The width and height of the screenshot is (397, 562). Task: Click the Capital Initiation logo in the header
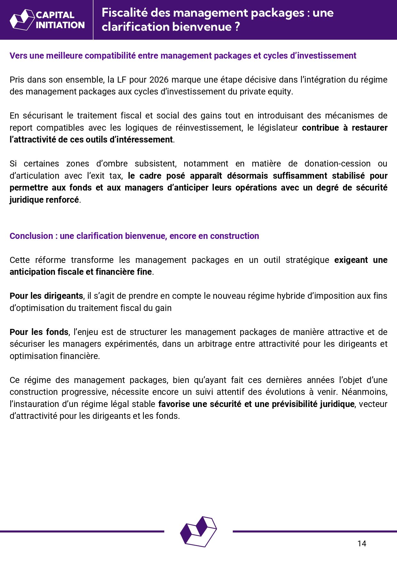click(47, 20)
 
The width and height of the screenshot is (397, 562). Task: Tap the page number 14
click(362, 543)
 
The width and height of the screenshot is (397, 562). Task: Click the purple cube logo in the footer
click(198, 531)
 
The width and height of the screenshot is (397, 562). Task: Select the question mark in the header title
click(237, 27)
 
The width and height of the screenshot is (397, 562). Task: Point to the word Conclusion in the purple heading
click(31, 236)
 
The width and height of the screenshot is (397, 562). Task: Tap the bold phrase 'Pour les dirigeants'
click(46, 296)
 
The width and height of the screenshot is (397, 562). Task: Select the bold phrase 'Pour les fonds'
click(39, 332)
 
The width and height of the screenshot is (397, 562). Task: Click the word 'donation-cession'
click(337, 164)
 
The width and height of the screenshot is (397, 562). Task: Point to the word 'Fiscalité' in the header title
click(124, 13)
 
